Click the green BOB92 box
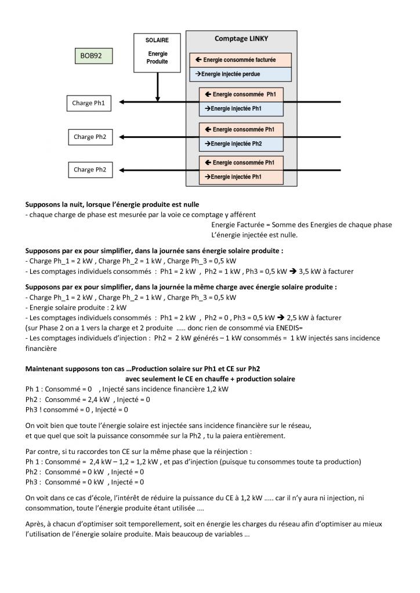[x=93, y=56]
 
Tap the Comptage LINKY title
[x=241, y=39]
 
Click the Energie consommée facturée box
[x=241, y=60]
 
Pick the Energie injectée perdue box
[x=241, y=74]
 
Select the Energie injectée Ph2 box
[x=241, y=144]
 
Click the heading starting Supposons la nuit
[x=112, y=204]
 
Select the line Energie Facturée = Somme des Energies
[x=302, y=225]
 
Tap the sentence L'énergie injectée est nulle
[x=255, y=235]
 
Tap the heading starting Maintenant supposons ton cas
[x=142, y=369]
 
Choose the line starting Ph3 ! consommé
[x=77, y=409]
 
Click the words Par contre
[x=42, y=451]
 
